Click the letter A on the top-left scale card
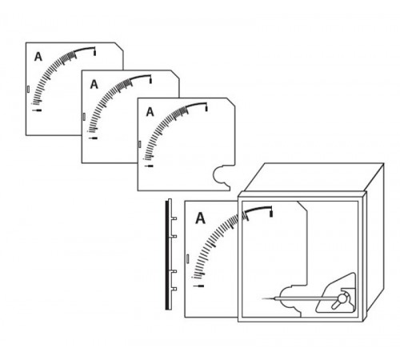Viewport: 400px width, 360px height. (38, 57)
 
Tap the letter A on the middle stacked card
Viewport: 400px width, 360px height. (94, 85)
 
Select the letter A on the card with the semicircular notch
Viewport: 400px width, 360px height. (150, 112)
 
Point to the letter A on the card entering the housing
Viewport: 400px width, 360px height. (200, 218)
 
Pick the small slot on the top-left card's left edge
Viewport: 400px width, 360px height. (28, 89)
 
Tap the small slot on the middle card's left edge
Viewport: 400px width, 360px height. (84, 117)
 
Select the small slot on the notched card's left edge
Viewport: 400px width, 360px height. (139, 144)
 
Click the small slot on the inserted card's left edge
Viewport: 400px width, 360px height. (187, 258)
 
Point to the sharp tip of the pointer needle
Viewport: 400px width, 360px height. (262, 298)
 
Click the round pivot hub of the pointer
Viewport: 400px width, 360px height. (342, 297)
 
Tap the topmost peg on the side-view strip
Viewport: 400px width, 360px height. (174, 218)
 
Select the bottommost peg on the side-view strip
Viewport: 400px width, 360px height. (174, 289)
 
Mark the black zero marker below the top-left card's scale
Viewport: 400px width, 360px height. (37, 110)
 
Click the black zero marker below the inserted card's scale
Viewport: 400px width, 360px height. (199, 286)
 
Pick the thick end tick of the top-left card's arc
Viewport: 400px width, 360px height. (94, 52)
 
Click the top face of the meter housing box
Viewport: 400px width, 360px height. (314, 177)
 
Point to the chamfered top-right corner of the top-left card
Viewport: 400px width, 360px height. (119, 46)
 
